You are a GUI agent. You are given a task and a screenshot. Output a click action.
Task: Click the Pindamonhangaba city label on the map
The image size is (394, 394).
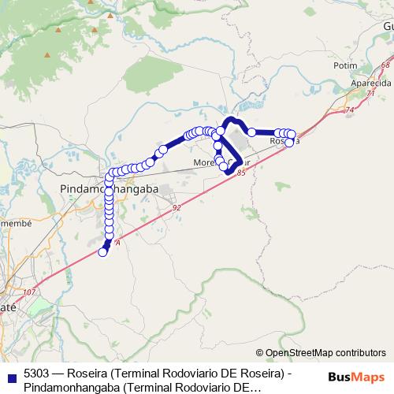click(x=110, y=190)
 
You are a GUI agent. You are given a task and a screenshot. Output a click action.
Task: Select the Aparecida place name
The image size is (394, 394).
click(x=362, y=83)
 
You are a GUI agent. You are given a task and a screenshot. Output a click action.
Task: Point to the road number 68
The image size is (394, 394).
click(x=385, y=65)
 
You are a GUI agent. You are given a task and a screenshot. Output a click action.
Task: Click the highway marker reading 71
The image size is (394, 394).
click(x=370, y=93)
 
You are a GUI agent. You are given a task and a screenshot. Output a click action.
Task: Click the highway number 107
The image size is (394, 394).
click(x=30, y=292)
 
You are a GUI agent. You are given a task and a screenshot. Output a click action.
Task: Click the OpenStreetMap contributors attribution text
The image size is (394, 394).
click(x=325, y=352)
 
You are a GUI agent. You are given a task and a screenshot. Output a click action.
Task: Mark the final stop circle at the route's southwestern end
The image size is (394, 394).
click(x=102, y=252)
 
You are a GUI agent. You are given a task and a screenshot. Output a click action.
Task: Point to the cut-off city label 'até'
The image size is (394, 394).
click(x=8, y=308)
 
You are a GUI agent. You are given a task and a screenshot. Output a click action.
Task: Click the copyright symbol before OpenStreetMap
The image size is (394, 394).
click(x=260, y=352)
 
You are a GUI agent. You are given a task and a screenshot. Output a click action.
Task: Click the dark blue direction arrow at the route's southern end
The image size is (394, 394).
click(x=107, y=244)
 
